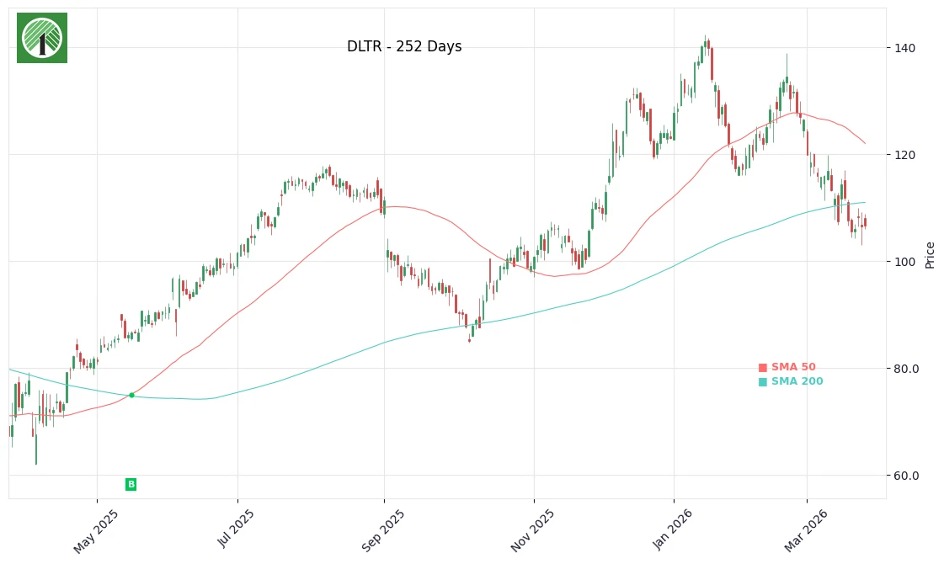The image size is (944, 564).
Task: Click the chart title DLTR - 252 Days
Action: click(404, 47)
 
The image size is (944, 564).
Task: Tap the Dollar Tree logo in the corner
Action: click(42, 38)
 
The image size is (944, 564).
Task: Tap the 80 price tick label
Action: click(906, 369)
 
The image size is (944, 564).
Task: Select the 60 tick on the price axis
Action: click(906, 476)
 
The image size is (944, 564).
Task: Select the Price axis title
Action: click(931, 254)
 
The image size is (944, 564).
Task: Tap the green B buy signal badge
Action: click(131, 484)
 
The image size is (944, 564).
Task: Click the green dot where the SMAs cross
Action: click(131, 395)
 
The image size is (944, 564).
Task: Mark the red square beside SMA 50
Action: click(763, 368)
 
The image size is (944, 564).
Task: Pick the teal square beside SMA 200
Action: click(763, 382)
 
